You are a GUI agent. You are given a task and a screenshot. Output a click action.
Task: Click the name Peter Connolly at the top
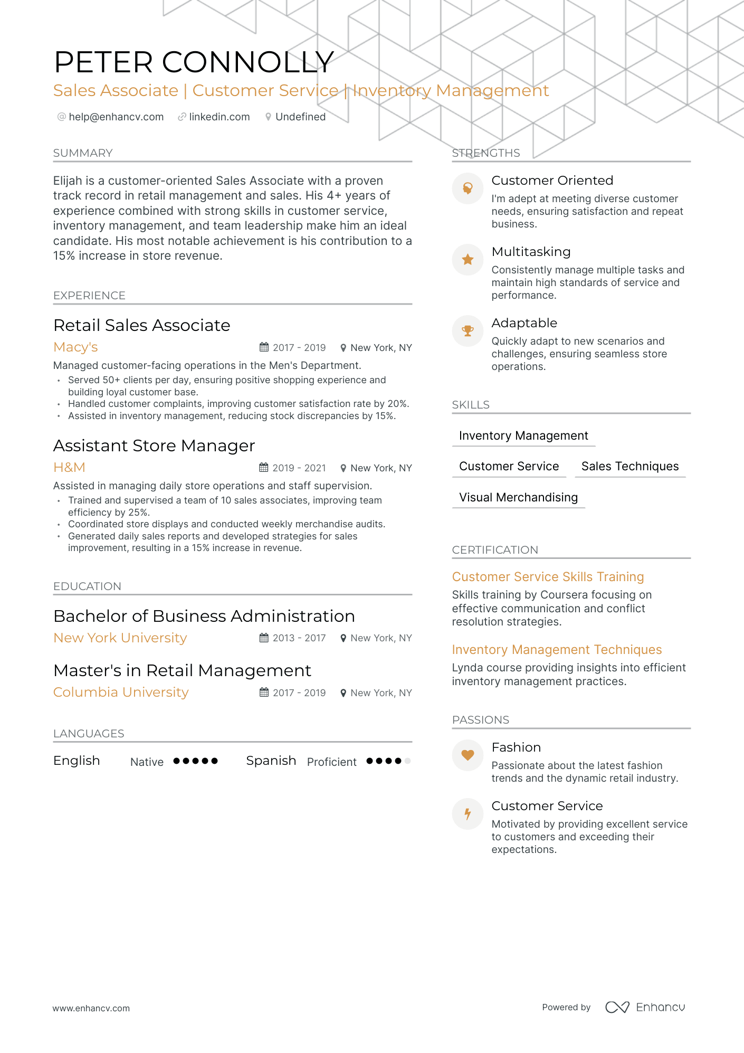tap(194, 62)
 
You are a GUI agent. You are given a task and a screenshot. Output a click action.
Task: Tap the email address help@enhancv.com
tap(116, 117)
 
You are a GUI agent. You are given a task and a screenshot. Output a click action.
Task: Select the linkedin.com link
tap(219, 117)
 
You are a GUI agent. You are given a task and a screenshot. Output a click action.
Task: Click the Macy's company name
tap(75, 347)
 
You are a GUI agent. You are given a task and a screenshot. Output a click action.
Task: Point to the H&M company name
tap(69, 468)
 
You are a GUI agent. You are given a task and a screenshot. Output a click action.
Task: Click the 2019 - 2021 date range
tap(299, 468)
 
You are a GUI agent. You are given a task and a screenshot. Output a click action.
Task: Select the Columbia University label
tap(121, 692)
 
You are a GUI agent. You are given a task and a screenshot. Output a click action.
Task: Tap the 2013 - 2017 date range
tap(299, 638)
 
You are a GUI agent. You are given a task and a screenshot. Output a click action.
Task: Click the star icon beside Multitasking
tap(468, 260)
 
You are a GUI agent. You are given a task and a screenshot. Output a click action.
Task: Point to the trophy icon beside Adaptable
tap(468, 331)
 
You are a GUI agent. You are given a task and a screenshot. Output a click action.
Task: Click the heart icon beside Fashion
tap(468, 755)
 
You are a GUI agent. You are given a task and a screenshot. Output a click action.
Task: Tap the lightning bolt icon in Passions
tap(468, 813)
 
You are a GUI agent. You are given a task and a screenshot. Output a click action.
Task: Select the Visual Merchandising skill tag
tap(518, 497)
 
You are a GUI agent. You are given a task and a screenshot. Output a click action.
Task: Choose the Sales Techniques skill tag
tap(629, 467)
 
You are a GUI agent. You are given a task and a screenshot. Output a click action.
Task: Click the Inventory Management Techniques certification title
tap(557, 650)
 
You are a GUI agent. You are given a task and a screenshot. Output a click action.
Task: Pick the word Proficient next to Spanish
tap(331, 762)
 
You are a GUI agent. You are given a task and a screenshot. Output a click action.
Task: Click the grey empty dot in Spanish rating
tap(407, 761)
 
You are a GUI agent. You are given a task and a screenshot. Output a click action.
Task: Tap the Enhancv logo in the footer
tap(645, 1007)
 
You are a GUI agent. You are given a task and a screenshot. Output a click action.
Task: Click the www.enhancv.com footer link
tap(91, 1008)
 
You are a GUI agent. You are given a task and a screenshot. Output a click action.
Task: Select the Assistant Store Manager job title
tap(154, 446)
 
